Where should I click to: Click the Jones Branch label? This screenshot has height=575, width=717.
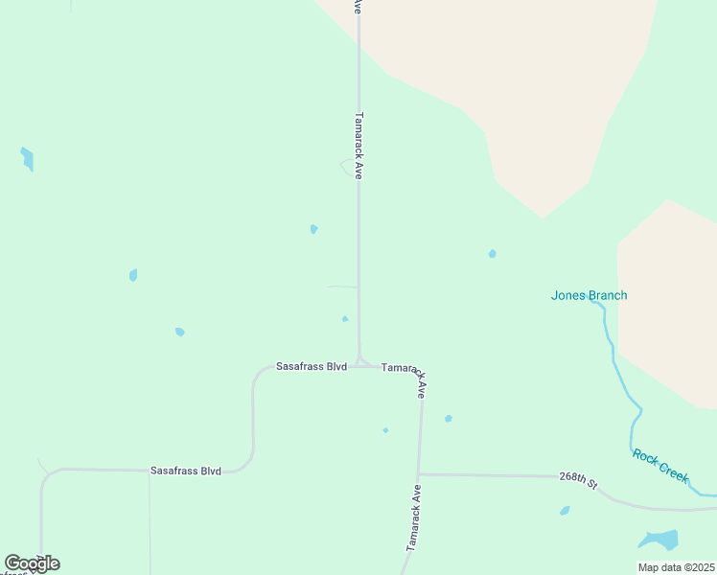[x=589, y=295]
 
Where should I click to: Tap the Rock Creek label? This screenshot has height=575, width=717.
[x=660, y=466]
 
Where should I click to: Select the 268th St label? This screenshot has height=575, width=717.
[x=579, y=479]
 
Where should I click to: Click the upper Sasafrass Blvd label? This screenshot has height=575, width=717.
[x=311, y=366]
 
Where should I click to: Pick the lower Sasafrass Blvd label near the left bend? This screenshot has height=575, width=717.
[x=185, y=471]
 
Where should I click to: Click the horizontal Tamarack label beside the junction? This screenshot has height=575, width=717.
[x=401, y=368]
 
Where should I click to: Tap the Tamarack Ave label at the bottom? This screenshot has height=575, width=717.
[x=413, y=517]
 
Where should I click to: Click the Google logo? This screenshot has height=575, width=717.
[x=32, y=563]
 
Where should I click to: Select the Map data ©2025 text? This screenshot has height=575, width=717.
[x=676, y=567]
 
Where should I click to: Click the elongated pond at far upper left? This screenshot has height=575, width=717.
[x=27, y=158]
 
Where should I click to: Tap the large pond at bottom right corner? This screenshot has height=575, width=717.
[x=659, y=540]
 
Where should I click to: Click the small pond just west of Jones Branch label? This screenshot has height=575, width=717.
[x=492, y=254]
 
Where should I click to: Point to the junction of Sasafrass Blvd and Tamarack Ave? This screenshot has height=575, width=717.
[x=360, y=363]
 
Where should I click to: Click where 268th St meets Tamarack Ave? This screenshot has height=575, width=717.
[x=419, y=473]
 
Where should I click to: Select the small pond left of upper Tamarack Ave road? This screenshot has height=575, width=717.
[x=313, y=229]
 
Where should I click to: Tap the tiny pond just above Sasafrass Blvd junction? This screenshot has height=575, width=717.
[x=345, y=318]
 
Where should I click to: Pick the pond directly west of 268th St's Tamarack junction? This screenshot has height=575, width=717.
[x=385, y=430]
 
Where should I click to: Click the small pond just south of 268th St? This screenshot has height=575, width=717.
[x=565, y=511]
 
